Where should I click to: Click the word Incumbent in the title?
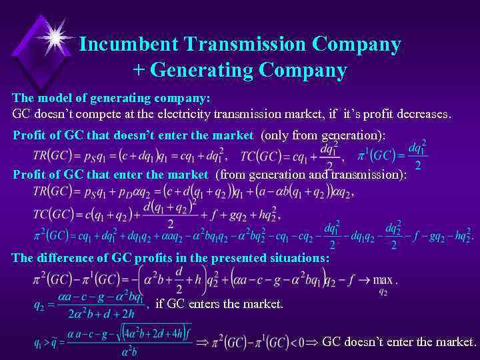[127, 45]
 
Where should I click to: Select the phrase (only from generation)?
[323, 135]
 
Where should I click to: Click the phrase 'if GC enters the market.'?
[219, 304]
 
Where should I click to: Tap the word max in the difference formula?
[383, 279]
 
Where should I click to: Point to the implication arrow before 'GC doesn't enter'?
[313, 343]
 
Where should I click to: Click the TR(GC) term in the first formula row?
[53, 155]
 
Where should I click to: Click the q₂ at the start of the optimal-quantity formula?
[39, 305]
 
